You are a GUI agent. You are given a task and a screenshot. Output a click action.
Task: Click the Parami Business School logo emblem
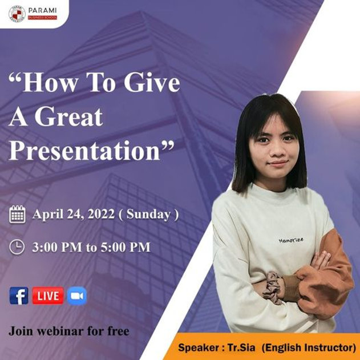click(x=17, y=13)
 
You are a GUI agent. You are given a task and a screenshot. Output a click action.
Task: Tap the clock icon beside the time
click(x=18, y=246)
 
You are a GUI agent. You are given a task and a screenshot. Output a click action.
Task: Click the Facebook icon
click(x=19, y=296)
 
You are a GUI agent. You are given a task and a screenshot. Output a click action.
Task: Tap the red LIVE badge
click(x=47, y=296)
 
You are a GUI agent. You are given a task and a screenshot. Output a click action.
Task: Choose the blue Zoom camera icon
click(x=76, y=296)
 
